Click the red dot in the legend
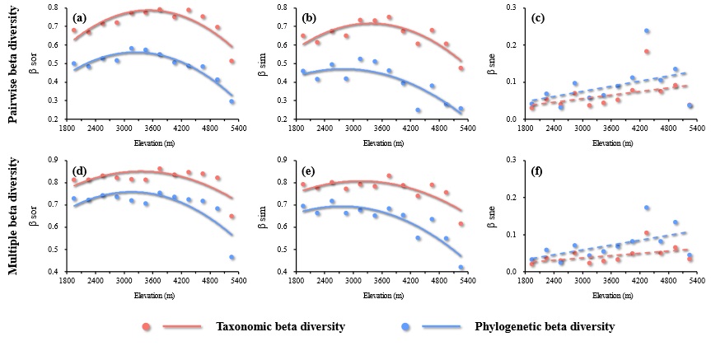pyautogui.click(x=147, y=327)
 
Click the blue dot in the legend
pyautogui.click(x=406, y=327)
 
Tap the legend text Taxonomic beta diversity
pyautogui.click(x=281, y=327)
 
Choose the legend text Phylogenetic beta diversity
pyautogui.click(x=545, y=327)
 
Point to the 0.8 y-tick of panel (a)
pyautogui.click(x=54, y=8)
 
